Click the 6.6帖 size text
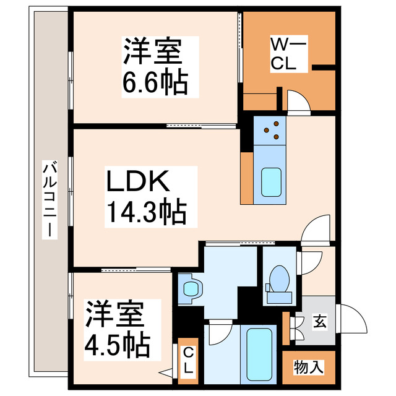pos(153,82)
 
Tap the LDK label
pos(138,183)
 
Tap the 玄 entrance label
pos(319,322)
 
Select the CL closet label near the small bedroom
pos(189,360)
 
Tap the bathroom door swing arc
pos(218,334)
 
